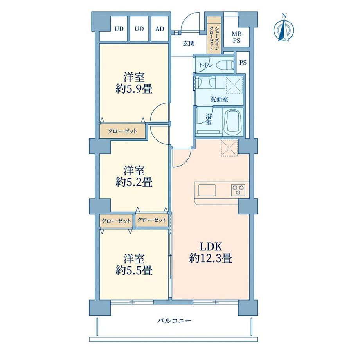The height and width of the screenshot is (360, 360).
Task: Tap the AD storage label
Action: pos(160,29)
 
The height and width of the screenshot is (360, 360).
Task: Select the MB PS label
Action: pos(236,38)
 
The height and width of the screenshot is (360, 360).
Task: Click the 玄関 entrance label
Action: pos(189,43)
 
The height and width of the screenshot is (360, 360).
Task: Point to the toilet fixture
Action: pos(225,65)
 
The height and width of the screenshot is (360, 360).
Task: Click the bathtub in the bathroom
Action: pos(232,122)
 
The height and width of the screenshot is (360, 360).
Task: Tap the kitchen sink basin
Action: pos(207,190)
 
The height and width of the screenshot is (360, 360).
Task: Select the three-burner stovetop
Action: pos(238,190)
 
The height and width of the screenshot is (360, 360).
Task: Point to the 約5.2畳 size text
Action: pos(134,182)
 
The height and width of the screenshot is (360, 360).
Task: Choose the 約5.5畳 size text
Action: pos(134,270)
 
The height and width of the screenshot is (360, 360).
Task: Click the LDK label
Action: pos(211,247)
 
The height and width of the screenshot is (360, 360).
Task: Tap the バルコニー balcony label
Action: pos(174,321)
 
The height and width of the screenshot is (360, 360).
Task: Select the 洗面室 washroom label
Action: pos(219,99)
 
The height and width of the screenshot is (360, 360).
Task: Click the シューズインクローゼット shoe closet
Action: pos(214,35)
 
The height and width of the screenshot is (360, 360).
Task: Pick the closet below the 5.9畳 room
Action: pos(122,131)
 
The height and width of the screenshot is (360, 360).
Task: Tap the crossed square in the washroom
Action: pos(234,85)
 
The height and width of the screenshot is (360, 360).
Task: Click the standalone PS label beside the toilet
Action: pos(243,62)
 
